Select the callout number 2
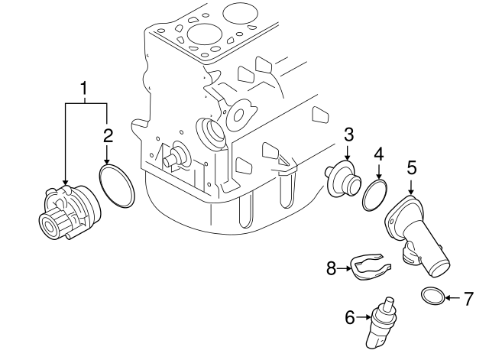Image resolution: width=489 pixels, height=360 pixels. coord(108,136)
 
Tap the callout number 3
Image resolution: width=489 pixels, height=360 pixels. coord(348,135)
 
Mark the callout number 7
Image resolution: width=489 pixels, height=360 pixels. coord(468,297)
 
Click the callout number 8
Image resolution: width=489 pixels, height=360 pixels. coord(332,268)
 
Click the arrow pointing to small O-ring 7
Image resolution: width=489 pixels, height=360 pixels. coord(452,297)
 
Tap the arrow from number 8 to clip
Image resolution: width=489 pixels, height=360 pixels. coord(345,268)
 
